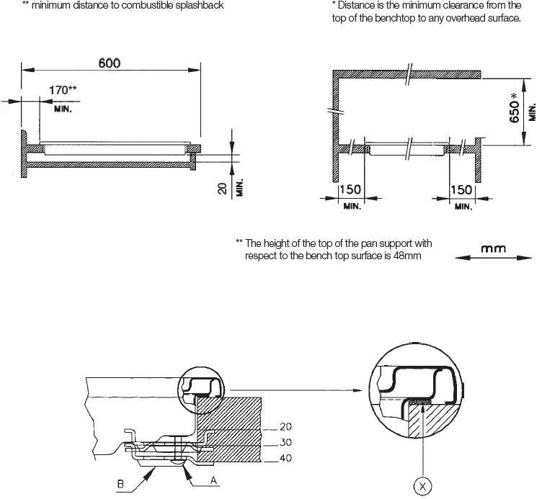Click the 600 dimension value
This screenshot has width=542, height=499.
[x=109, y=63]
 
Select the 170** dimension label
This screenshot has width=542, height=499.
[x=63, y=91]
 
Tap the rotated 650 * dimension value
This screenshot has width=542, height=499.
[x=515, y=107]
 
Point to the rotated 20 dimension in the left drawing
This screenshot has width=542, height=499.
[x=222, y=189]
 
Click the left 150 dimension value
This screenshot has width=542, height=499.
[x=350, y=190]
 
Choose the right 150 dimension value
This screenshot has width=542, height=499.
[x=461, y=190]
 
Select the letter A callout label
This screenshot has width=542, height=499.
[x=213, y=479]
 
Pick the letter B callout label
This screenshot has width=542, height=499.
[x=121, y=484]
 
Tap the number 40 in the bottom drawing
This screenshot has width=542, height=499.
[x=285, y=457]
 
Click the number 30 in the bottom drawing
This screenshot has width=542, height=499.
[x=285, y=442]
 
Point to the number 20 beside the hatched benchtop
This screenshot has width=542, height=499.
[x=285, y=426]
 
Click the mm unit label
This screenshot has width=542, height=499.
[x=494, y=248]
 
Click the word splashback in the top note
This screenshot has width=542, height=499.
[x=197, y=6]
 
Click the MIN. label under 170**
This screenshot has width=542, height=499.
[x=66, y=109]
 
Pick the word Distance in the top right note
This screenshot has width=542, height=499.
[x=357, y=6]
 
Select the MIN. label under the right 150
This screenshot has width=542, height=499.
[x=463, y=207]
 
